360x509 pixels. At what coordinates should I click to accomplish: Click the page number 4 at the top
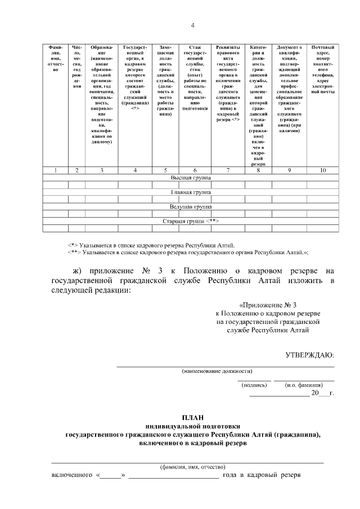point(193,25)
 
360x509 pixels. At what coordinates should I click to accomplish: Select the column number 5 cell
point(165,170)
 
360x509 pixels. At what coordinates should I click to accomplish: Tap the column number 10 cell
point(323,170)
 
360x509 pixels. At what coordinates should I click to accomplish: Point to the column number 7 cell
point(228,170)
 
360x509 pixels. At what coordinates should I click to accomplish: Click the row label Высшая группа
point(191,177)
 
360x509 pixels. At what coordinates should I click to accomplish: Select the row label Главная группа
point(191,192)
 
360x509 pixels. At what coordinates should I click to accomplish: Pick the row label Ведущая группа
point(191,206)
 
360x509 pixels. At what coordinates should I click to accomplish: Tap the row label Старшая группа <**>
point(191,221)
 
